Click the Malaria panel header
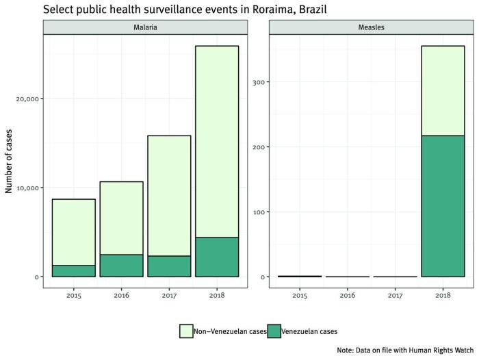coord(144,27)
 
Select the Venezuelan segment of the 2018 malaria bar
coord(217,257)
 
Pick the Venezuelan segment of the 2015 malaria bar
coord(73,271)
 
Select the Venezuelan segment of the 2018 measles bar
coord(442,206)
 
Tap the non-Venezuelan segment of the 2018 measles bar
coord(442,90)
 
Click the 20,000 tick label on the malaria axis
coord(27,99)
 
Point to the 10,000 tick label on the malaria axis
coord(27,188)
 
